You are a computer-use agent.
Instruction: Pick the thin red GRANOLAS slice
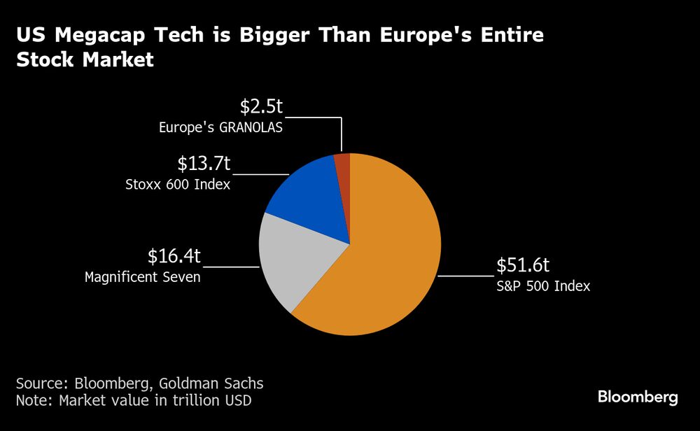tap(342, 162)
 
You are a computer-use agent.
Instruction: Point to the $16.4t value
tap(174, 256)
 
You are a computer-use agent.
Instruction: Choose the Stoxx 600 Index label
tap(178, 185)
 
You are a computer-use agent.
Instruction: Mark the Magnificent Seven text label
tap(143, 277)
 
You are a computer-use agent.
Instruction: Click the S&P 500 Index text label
tap(544, 285)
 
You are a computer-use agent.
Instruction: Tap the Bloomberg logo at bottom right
tap(638, 397)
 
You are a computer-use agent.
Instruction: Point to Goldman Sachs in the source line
tap(211, 383)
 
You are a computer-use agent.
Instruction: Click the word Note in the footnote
tap(32, 401)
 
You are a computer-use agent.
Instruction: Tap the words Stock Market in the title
tap(84, 60)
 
